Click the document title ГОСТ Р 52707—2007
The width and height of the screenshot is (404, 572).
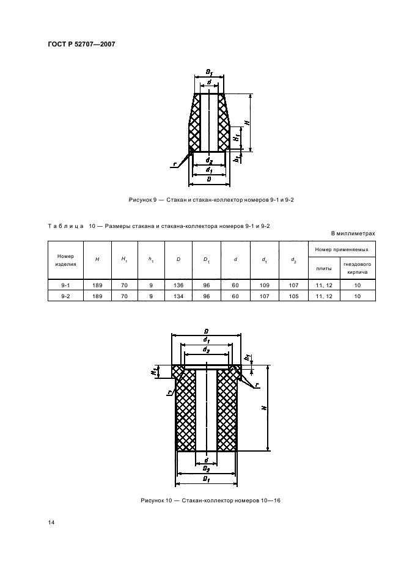pos(81,44)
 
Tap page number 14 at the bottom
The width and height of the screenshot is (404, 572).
pos(51,522)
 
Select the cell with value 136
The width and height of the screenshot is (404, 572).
pos(178,285)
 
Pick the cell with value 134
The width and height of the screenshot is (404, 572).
pos(178,296)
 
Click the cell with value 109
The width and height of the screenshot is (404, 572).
pos(265,285)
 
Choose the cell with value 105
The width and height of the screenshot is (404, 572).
pos(294,296)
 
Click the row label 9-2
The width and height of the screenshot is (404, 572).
pos(65,296)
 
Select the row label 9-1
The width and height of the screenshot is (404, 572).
pos(65,285)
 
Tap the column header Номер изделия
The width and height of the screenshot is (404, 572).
pos(65,260)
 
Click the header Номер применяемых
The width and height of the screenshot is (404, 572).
pos(342,249)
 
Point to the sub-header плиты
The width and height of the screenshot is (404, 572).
pos(324,268)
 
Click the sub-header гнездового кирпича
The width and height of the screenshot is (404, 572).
pos(358,268)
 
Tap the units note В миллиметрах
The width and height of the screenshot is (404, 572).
pos(353,233)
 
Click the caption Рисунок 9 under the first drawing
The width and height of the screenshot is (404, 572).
pos(142,200)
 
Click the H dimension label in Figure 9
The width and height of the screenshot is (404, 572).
pos(247,123)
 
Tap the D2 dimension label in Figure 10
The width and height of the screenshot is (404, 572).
pos(206,469)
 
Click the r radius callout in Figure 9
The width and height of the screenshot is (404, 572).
pos(175,164)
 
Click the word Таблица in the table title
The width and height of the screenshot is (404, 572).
pos(65,226)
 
